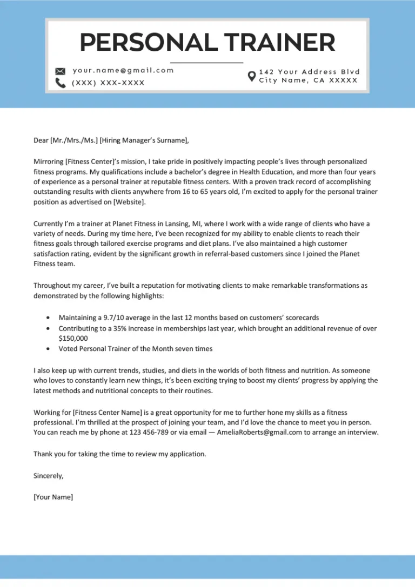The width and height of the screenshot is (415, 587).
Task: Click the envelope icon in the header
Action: pos(61,71)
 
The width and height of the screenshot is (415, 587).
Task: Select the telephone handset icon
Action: pos(61,83)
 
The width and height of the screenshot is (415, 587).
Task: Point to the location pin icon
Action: pos(251,76)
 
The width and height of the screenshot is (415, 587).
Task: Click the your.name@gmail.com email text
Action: pos(123,70)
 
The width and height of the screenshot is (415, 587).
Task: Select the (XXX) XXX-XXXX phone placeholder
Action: pos(108,83)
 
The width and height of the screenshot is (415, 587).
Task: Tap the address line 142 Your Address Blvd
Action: pos(309,72)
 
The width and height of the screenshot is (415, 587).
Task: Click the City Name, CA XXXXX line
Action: pos(308,80)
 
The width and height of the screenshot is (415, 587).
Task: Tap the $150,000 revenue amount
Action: pos(73,338)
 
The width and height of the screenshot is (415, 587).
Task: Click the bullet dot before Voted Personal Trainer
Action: pos(49,349)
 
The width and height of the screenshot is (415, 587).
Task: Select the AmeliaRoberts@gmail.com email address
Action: pos(254,433)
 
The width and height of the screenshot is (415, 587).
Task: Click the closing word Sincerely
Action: pos(49,476)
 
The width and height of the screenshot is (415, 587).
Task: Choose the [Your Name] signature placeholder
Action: pos(53,497)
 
